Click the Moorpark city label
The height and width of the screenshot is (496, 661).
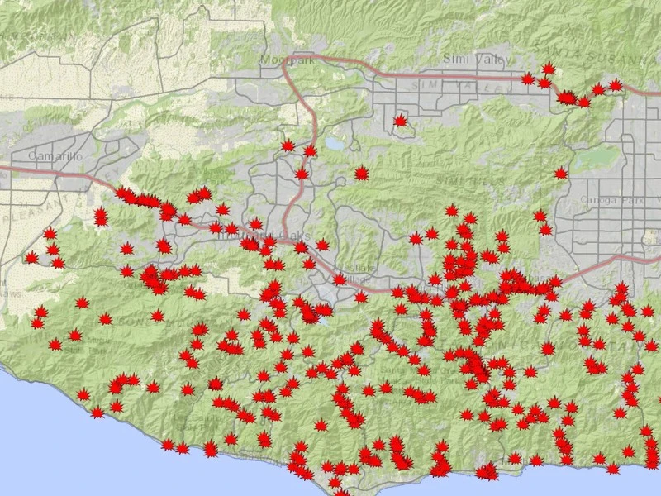click(277, 60)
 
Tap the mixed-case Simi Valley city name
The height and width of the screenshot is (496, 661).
click(466, 58)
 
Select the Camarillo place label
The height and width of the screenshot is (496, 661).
click(51, 155)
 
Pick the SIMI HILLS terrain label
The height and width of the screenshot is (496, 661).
click(459, 179)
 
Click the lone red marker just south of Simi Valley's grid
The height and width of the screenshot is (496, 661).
click(401, 121)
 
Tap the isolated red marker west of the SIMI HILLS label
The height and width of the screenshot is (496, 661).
click(361, 173)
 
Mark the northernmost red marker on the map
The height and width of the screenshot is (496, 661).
click(548, 69)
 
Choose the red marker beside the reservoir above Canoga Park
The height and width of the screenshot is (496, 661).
click(561, 173)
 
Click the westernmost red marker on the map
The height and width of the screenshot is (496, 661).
click(32, 258)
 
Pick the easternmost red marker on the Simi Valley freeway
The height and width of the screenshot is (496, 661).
click(616, 85)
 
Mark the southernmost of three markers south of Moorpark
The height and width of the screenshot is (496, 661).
click(302, 174)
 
